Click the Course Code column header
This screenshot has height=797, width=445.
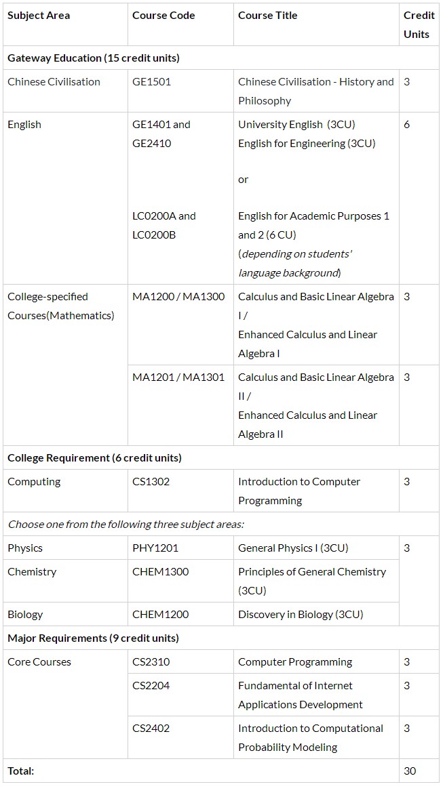(163, 16)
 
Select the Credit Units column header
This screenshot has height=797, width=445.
(419, 24)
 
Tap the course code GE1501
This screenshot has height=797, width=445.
(151, 82)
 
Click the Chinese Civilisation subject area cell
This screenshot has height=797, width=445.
(54, 82)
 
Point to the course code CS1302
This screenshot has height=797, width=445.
(151, 482)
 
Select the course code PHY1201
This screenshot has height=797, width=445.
(155, 548)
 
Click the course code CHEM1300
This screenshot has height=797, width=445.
(161, 572)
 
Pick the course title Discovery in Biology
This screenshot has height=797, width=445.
(301, 615)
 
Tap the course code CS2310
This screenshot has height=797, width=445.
(151, 662)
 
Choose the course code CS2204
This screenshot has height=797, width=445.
(151, 686)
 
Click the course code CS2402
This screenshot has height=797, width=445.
(151, 729)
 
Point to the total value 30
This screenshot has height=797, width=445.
(410, 771)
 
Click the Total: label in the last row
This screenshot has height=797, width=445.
(20, 771)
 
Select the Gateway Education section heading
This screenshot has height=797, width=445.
(94, 58)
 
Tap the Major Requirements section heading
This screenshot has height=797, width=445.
(93, 638)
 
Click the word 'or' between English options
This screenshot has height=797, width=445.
(243, 180)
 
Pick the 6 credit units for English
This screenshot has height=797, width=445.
(407, 125)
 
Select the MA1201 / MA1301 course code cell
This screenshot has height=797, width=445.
(178, 377)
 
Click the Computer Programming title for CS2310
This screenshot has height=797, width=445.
(295, 662)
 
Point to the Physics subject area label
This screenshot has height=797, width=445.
(25, 548)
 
